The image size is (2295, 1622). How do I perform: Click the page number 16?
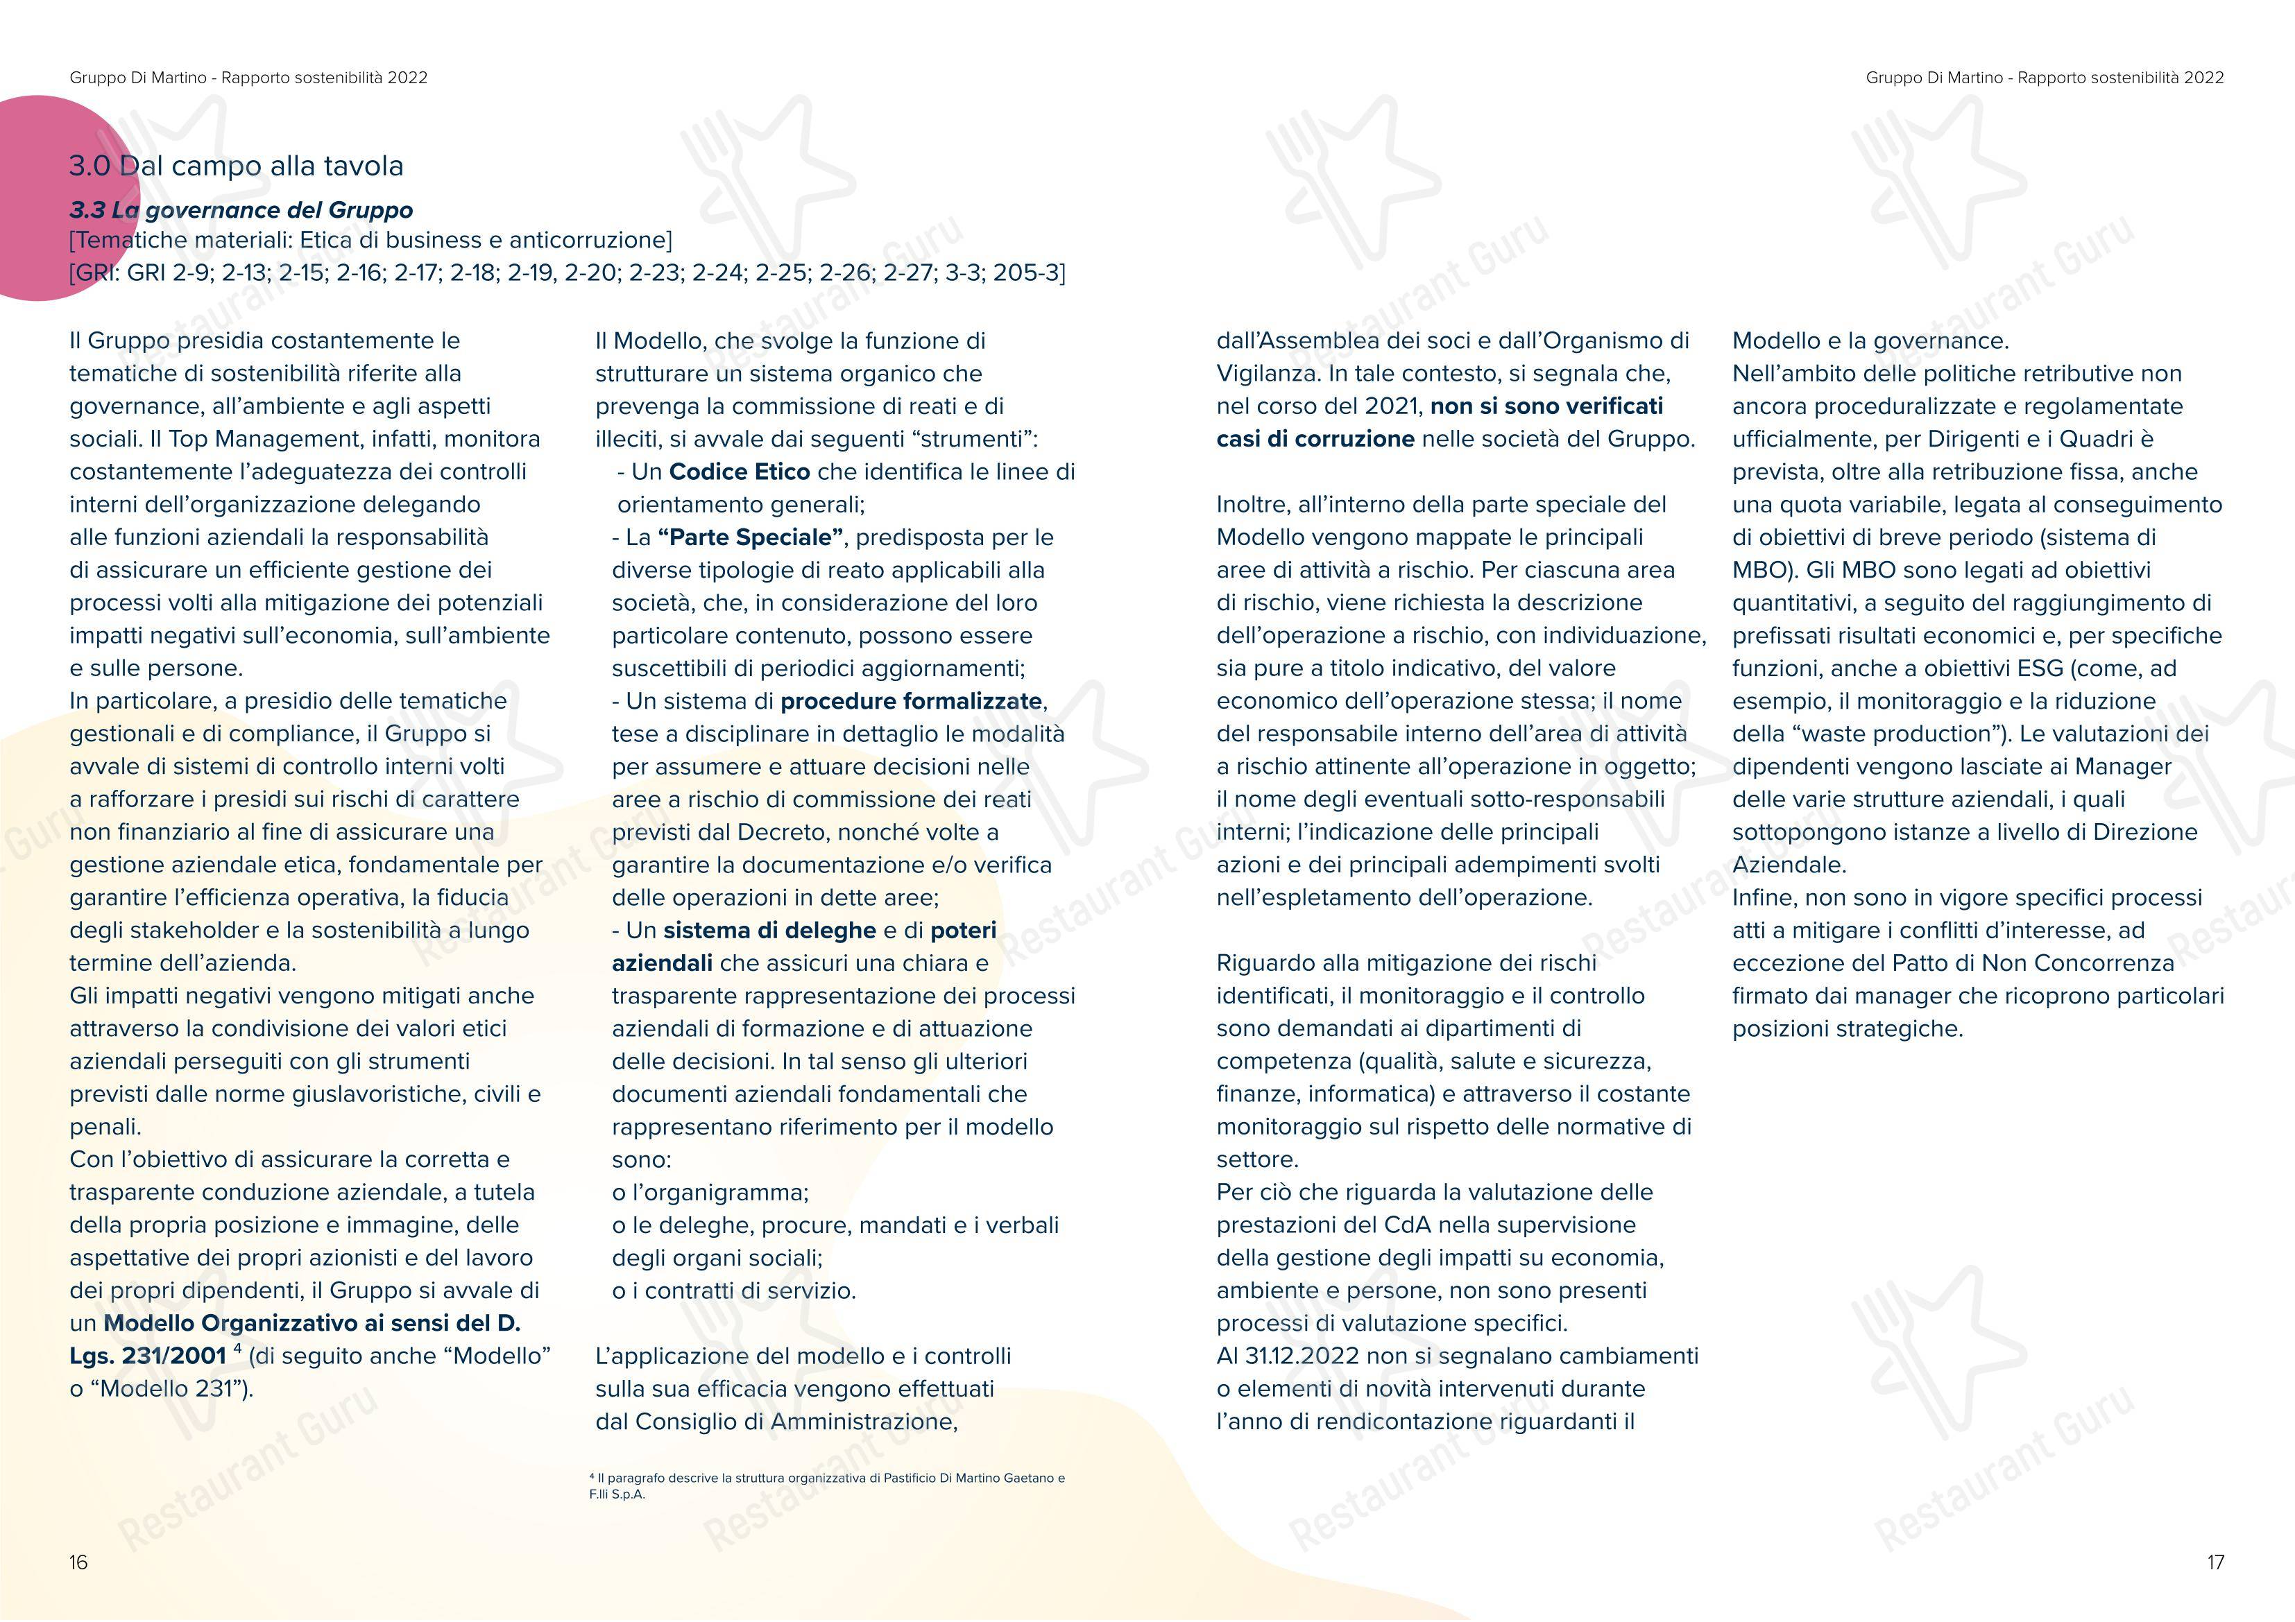coord(78,1562)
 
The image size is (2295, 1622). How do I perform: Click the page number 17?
coord(2215,1562)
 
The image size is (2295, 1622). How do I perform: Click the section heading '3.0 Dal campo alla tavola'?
coord(236,166)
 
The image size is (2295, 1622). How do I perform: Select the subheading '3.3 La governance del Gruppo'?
coord(241,210)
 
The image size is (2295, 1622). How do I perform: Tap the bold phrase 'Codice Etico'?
coord(740,472)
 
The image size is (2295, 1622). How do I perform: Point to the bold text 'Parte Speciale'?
coord(744,537)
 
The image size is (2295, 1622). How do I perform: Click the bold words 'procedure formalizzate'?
coord(912,702)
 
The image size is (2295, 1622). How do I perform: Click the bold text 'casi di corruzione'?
coord(1315,439)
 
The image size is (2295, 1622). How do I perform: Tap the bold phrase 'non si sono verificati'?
coord(1546,406)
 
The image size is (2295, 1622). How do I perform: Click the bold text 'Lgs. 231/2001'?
coord(148,1356)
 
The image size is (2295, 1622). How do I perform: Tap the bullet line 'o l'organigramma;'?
coord(710,1192)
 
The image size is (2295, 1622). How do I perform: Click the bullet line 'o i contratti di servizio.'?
coord(734,1291)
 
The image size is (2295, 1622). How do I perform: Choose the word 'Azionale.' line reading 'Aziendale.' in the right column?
coord(1789,865)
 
